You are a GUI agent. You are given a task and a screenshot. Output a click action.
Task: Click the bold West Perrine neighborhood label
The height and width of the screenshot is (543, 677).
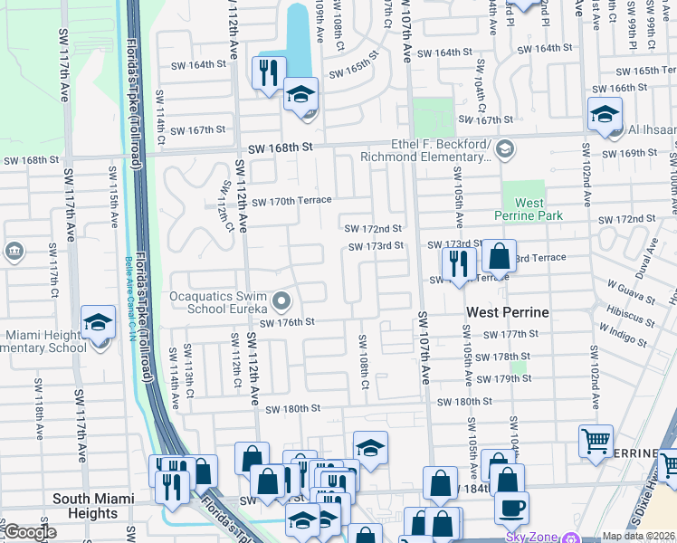pos(508,312)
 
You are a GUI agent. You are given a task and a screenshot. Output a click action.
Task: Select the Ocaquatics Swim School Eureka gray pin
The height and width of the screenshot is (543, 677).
pos(281,300)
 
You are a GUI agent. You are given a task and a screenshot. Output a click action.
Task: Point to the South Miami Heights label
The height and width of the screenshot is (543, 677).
pos(93,506)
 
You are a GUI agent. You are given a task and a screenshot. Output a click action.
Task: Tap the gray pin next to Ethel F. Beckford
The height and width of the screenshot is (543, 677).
pos(504,147)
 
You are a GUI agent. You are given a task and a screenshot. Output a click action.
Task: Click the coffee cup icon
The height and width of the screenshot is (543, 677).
pos(511,508)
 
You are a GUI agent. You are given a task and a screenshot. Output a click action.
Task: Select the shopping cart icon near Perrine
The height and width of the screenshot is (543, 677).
pos(596,443)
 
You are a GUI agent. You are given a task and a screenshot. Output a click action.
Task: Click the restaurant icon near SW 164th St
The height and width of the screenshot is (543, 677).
pos(269,73)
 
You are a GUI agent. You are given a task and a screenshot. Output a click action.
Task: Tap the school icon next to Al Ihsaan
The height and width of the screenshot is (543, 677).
pos(604,115)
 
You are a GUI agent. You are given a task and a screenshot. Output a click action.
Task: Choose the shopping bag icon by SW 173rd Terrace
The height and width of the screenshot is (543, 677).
pos(499,256)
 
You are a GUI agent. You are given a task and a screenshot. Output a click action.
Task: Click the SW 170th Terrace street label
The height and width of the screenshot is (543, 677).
pos(291,201)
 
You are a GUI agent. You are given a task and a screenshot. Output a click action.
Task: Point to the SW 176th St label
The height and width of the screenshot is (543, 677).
pos(287,322)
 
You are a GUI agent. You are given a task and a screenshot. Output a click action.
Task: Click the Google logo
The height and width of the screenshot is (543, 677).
pos(30,533)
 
